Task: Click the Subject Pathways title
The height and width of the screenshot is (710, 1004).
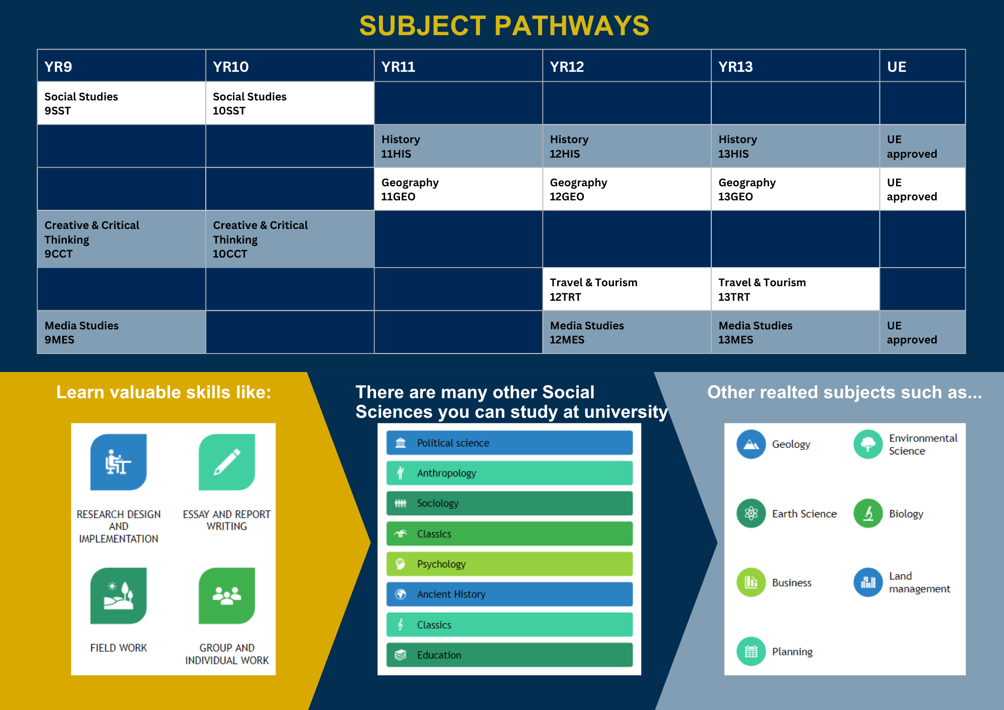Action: point(504,26)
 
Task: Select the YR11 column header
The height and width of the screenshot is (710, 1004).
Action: point(458,66)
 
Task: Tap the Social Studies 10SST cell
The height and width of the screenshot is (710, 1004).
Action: point(290,103)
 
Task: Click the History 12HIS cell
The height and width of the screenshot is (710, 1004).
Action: point(627,146)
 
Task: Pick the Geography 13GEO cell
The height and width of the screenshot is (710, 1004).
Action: point(796,189)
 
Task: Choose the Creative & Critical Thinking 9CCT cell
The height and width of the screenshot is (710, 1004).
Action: point(121,239)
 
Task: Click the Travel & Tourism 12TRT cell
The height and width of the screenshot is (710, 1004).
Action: point(627,289)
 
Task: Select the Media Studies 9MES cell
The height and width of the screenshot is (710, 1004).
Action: point(121,332)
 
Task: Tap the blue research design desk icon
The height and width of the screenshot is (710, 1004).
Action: point(118,462)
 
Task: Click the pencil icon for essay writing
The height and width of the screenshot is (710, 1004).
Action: point(227,462)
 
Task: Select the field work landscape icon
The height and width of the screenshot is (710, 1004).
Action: point(118,596)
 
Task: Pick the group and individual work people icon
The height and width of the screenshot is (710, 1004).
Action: point(227,596)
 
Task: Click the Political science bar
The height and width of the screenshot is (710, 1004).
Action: point(510,443)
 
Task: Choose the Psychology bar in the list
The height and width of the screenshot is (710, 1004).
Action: point(510,564)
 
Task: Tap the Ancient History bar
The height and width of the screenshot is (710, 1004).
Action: point(510,594)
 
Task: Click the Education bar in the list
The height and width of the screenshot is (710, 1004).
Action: point(510,655)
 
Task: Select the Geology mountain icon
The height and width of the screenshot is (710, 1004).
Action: point(751,444)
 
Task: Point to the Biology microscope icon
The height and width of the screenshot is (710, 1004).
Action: point(868,513)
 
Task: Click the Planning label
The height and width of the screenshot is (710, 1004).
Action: point(792,652)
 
